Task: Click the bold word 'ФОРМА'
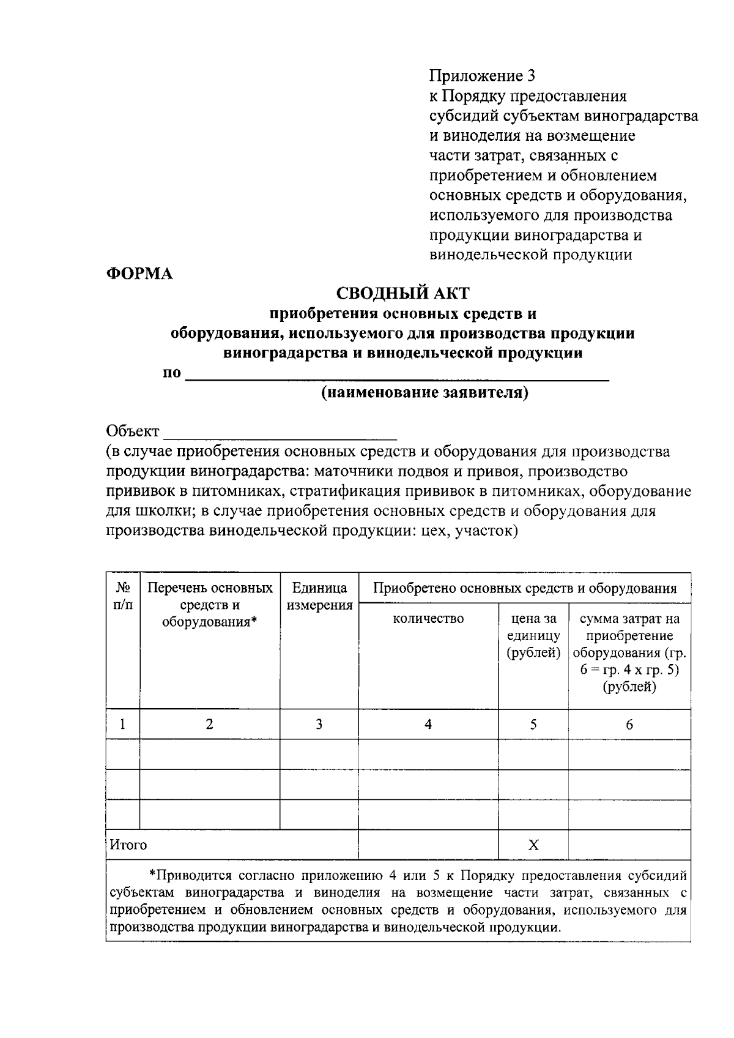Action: coord(140,274)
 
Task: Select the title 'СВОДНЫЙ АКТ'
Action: coord(404,294)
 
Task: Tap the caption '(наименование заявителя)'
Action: coord(424,392)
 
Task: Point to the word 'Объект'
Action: coord(132,431)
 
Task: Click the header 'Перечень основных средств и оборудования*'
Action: coord(210,605)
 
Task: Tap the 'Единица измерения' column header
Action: coord(319,597)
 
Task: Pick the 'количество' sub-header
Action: coord(428,619)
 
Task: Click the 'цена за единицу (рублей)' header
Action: coord(533,635)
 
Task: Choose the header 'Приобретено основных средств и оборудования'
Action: coord(525,588)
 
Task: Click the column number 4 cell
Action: coord(428,725)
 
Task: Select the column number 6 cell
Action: coord(629,725)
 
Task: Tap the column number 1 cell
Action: coord(123,725)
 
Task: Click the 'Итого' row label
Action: coord(128,845)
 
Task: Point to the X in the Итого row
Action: coord(533,845)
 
